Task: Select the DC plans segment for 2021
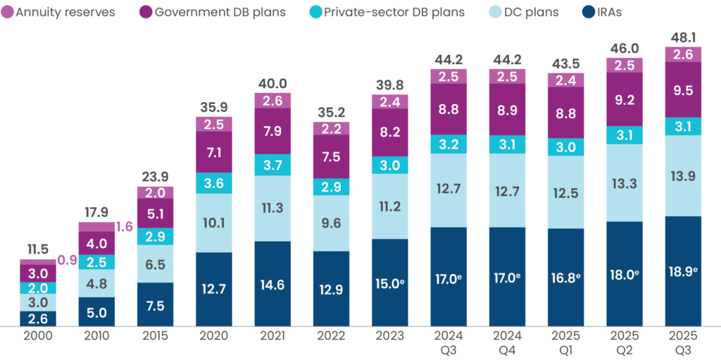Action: (272, 208)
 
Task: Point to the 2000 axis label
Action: (37, 335)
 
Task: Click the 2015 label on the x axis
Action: (155, 335)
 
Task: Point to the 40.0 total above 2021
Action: (272, 84)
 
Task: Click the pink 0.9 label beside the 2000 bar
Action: (66, 260)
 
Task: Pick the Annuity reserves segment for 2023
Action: (389, 102)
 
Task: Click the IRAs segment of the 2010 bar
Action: (96, 311)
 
